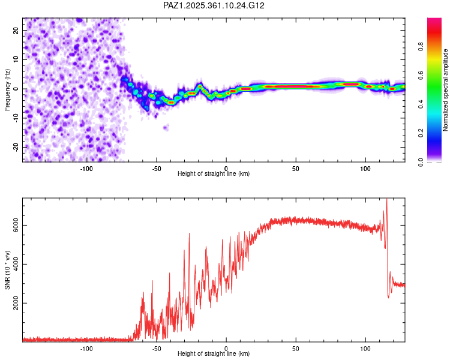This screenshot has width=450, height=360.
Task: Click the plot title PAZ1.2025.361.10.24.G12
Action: point(214,5)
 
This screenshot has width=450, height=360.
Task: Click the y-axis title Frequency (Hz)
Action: point(7,89)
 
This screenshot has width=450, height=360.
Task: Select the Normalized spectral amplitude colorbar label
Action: point(445,90)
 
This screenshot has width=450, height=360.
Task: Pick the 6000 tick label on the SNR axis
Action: point(13,226)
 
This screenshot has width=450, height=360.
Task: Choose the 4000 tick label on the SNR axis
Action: point(13,265)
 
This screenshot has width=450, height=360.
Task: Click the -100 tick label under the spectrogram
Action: point(86,167)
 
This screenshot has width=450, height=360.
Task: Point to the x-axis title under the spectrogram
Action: point(214,173)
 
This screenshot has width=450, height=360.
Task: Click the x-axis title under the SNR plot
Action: point(214,354)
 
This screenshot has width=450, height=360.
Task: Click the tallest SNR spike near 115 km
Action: point(386,200)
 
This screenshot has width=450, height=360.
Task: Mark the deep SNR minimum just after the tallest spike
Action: point(389,296)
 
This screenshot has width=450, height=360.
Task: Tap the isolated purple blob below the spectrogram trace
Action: point(166,127)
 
